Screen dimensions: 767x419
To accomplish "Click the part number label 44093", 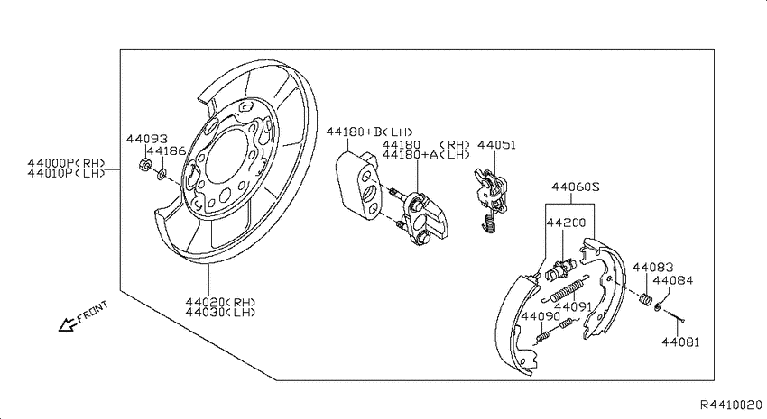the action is click(x=147, y=139).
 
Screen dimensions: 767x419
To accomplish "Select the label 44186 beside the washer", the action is click(x=166, y=151).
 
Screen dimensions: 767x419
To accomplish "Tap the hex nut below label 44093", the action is click(x=144, y=165).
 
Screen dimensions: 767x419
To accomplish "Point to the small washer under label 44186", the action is click(x=161, y=173).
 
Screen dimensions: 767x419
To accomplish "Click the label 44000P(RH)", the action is click(x=67, y=163).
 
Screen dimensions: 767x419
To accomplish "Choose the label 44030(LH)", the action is click(x=220, y=312).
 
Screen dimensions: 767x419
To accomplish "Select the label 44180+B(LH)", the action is click(x=370, y=132).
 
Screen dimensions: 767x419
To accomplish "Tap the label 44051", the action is click(x=496, y=145).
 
